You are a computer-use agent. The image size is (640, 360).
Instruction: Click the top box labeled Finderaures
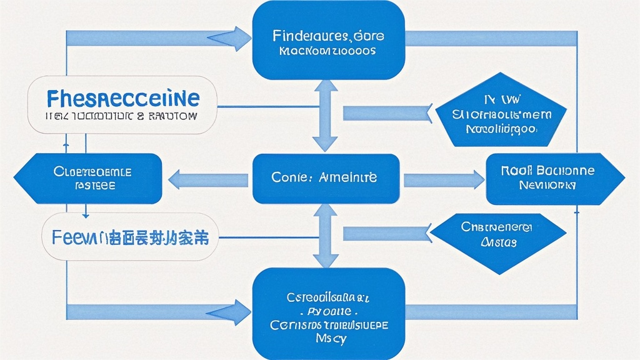[x=328, y=41]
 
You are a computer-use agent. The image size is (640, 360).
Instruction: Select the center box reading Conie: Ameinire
[x=325, y=178]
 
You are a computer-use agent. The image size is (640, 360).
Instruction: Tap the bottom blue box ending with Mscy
[x=328, y=312]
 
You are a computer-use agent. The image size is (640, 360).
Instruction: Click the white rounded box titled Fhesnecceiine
[x=122, y=104]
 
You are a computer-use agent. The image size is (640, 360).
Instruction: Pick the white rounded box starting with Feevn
[x=130, y=237]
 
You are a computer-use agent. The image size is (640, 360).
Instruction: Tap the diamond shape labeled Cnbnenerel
[x=498, y=235]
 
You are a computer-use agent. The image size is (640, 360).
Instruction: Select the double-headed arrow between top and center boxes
[x=325, y=116]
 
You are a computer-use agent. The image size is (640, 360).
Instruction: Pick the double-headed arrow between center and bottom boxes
[x=325, y=236]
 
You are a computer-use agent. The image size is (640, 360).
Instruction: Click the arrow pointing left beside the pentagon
[x=387, y=113]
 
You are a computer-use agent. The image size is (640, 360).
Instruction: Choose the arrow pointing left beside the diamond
[x=387, y=233]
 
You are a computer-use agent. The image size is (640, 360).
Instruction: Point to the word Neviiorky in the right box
[x=547, y=185]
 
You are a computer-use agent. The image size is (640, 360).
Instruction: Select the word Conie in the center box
[x=287, y=177]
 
